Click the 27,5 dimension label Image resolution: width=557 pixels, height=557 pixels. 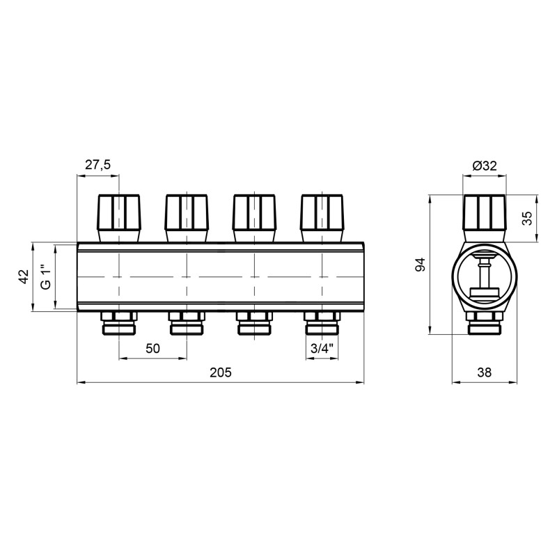(x=98, y=164)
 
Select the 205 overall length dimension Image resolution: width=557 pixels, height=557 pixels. (x=220, y=372)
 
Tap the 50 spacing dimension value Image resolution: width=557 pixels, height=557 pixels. (x=153, y=348)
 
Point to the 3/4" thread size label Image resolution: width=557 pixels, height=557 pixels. (x=322, y=348)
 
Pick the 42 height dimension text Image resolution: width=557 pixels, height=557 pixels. (x=23, y=277)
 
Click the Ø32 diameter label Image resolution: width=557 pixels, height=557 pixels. (x=484, y=165)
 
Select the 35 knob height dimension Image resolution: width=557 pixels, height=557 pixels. (x=527, y=219)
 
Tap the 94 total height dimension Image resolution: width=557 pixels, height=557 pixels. (x=420, y=265)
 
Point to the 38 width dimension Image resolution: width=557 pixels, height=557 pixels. (x=484, y=372)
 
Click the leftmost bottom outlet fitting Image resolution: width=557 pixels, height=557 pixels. (x=119, y=322)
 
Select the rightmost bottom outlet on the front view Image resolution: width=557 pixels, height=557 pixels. (x=322, y=322)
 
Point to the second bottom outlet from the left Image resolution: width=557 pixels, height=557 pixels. (x=187, y=322)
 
